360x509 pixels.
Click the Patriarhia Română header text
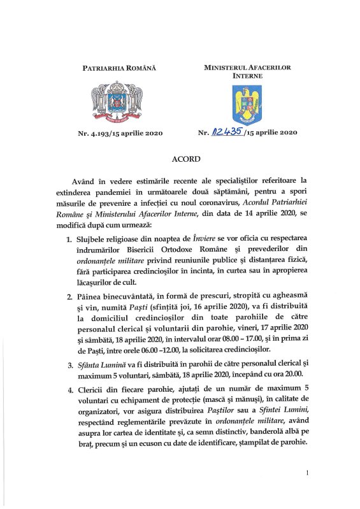point(119,67)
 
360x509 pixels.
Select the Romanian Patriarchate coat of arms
point(119,100)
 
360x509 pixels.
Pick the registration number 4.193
point(97,133)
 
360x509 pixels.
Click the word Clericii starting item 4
point(94,389)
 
